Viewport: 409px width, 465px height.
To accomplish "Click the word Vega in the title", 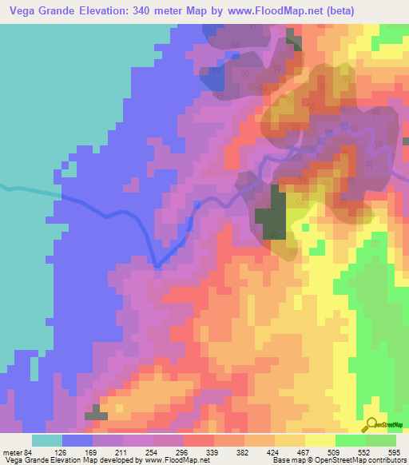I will tap(23, 10).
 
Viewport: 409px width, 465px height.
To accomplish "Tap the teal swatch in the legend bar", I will tap(46, 440).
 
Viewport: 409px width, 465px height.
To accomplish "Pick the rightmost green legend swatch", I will tap(381, 440).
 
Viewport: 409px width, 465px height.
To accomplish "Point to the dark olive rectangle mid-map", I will tap(272, 213).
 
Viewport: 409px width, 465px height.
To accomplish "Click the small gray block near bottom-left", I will tap(96, 413).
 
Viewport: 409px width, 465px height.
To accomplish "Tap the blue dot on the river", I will tap(197, 205).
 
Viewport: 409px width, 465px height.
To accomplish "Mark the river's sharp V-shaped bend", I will tap(157, 266).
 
